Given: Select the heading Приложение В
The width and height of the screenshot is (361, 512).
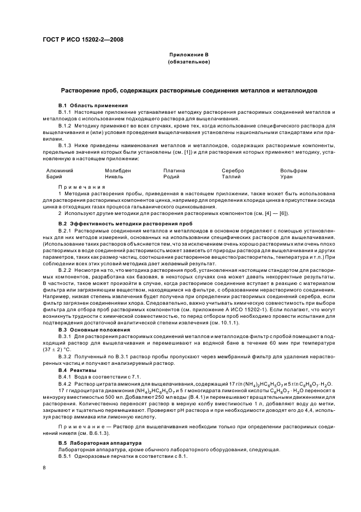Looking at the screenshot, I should pos(189,55).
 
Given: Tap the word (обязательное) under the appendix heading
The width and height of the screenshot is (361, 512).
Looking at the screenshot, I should pos(189,61).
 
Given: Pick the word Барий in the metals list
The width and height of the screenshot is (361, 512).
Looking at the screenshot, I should pos(54,177).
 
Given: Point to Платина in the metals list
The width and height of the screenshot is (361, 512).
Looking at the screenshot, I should pos(174,171).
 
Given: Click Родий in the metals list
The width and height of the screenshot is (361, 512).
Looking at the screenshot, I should pos(172,177).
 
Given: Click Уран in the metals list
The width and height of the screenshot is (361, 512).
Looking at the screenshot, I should pos(287,177).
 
